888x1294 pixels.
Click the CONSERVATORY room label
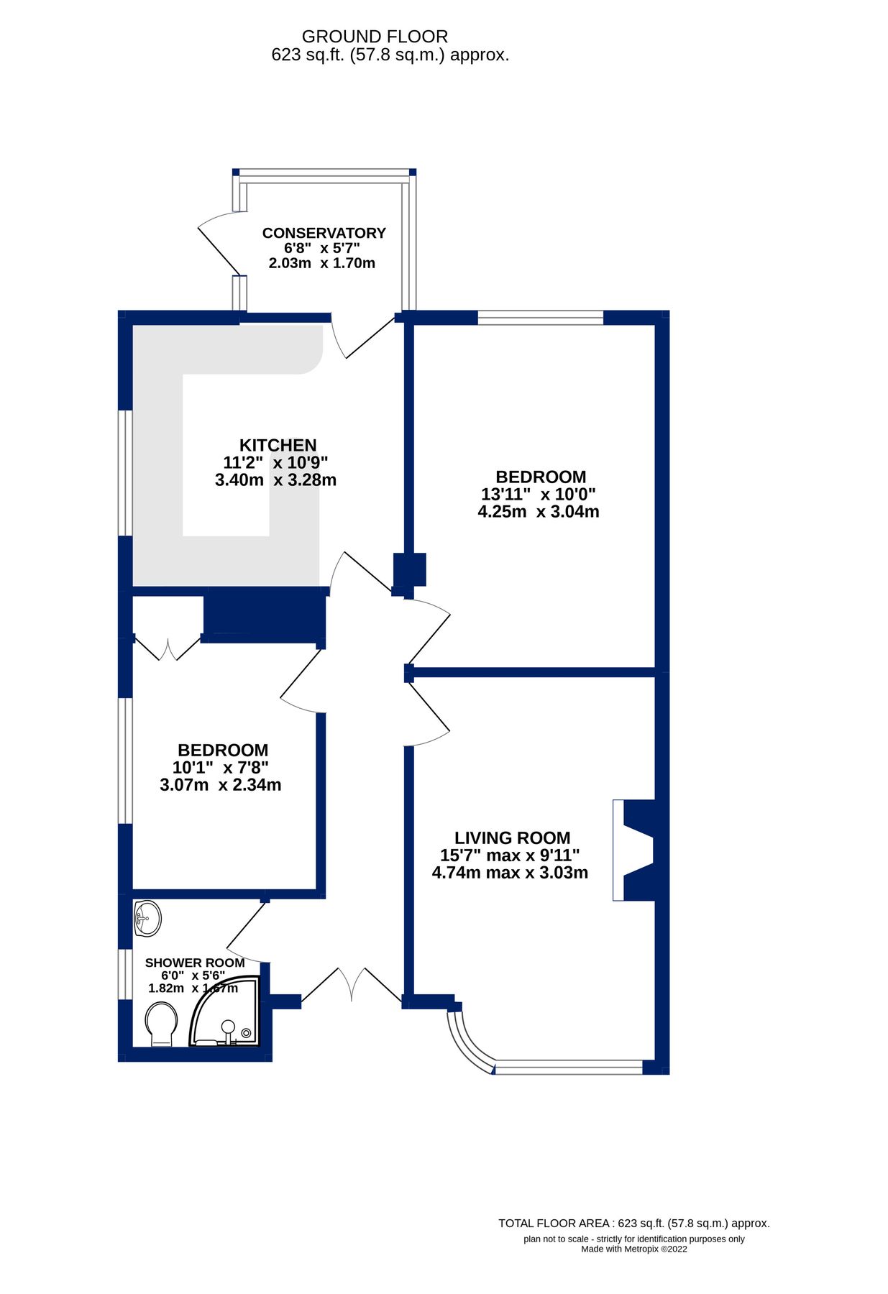click(324, 233)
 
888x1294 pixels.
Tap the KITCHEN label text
click(278, 445)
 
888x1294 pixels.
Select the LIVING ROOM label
click(512, 838)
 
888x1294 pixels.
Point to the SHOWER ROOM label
click(195, 963)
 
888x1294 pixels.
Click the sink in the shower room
click(147, 918)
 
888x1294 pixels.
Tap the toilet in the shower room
click(161, 1024)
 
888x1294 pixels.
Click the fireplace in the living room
click(636, 850)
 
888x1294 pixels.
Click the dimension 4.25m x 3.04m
click(539, 512)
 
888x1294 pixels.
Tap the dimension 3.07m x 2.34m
click(220, 785)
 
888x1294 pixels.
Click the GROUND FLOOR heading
click(375, 37)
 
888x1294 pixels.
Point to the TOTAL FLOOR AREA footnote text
click(633, 1223)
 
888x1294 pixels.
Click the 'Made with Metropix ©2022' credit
click(633, 1249)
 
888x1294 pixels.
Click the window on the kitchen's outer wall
click(125, 472)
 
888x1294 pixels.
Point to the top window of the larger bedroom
click(540, 317)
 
